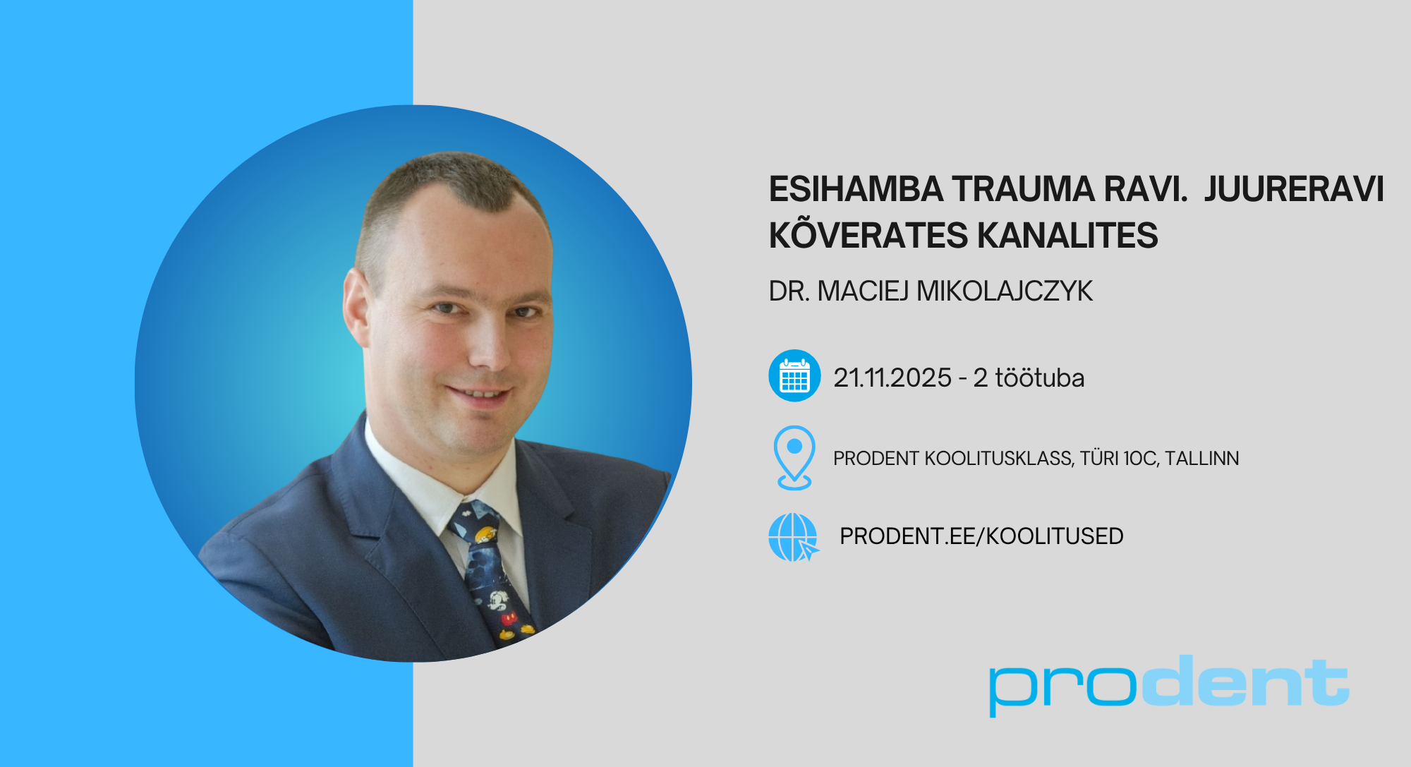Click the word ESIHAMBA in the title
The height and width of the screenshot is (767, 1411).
tap(856, 189)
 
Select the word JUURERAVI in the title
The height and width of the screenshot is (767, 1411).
tap(1294, 189)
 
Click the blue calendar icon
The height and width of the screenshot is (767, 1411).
tap(794, 375)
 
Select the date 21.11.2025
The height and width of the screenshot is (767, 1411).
tap(892, 378)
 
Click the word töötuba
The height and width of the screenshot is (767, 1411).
tap(1039, 378)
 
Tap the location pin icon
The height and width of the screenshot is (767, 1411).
tap(794, 458)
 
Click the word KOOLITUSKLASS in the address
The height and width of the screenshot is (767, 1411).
tap(999, 459)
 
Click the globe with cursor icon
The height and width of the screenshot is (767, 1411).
tap(794, 537)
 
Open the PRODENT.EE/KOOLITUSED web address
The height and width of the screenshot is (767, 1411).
tap(981, 536)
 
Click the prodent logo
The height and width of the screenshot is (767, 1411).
tap(1169, 684)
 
